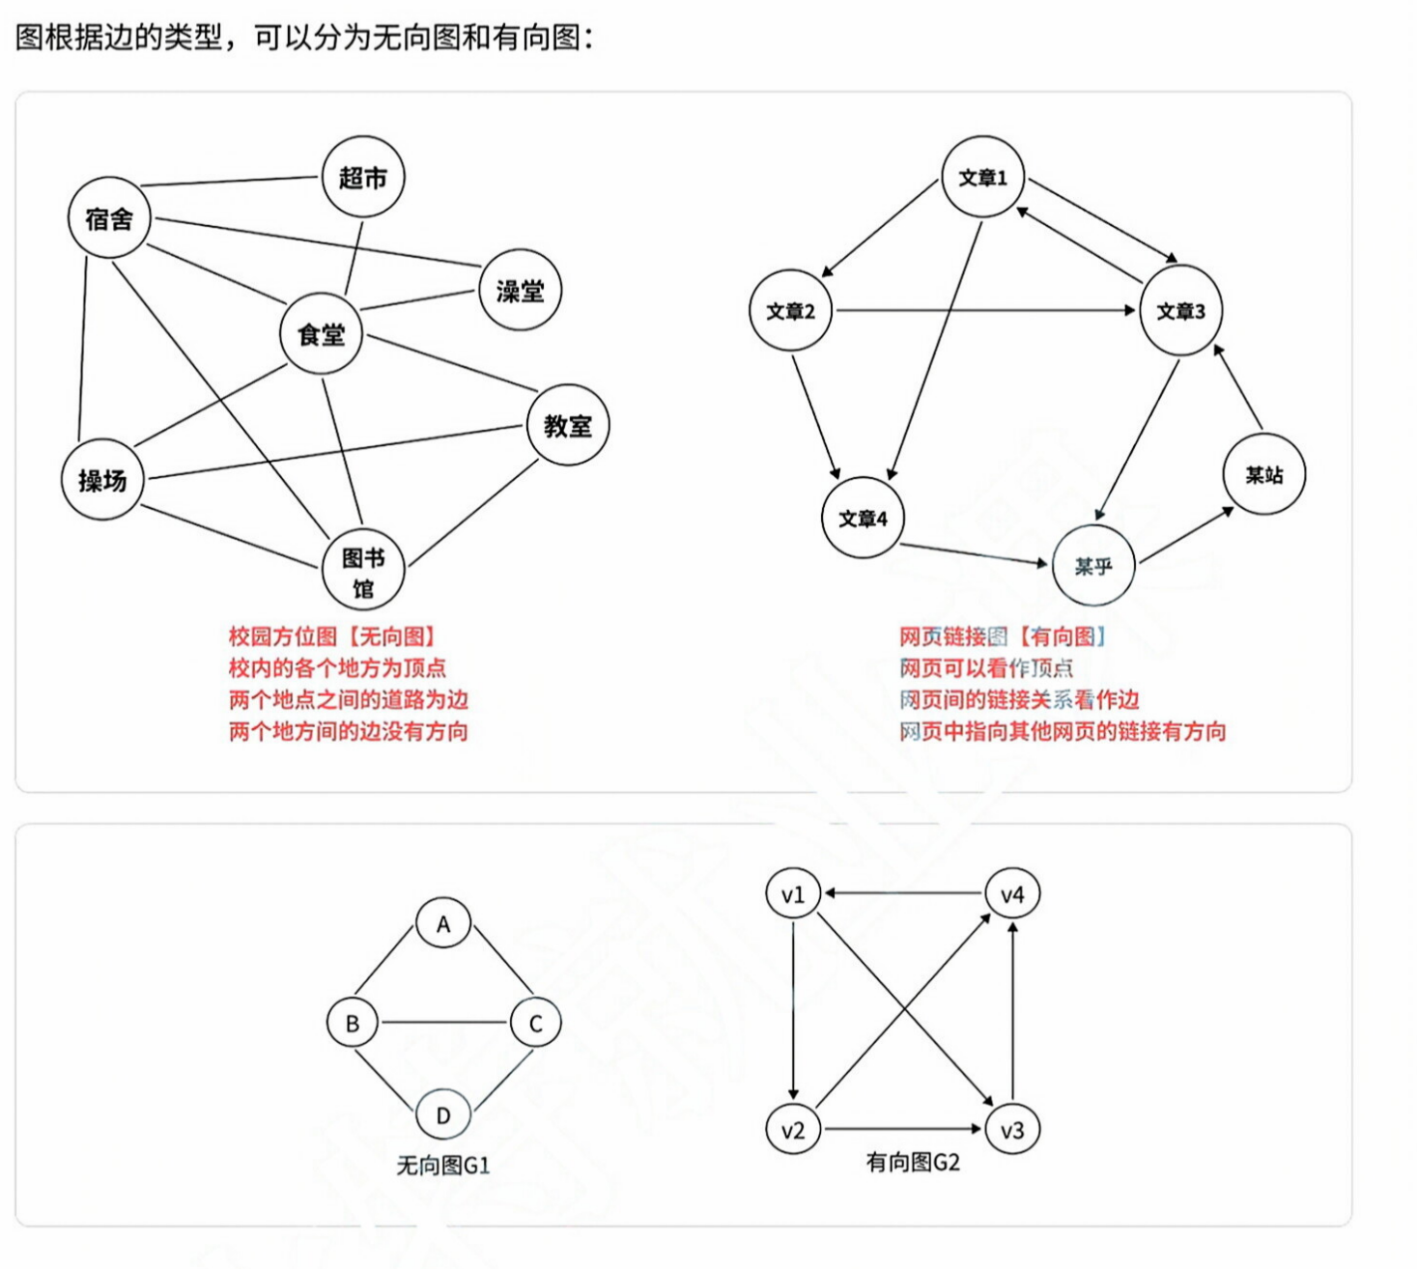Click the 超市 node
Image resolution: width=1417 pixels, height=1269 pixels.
click(362, 177)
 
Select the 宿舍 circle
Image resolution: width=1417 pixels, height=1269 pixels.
click(109, 218)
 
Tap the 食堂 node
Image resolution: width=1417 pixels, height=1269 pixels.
click(321, 334)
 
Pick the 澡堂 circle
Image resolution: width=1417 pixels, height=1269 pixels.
click(520, 290)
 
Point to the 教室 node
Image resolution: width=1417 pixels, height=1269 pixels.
click(568, 425)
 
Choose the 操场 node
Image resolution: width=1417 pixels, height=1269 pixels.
click(102, 480)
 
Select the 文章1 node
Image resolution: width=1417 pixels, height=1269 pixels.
click(982, 177)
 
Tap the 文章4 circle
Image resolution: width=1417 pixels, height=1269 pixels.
click(863, 519)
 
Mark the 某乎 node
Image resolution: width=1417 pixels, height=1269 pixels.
click(1092, 566)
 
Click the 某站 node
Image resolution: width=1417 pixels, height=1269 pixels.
click(1263, 474)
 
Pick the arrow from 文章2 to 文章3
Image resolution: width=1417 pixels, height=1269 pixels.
click(985, 310)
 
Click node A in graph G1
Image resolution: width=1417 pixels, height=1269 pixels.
click(443, 924)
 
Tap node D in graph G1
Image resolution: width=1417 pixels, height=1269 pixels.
click(443, 1115)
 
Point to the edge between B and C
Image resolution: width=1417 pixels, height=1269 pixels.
click(443, 1022)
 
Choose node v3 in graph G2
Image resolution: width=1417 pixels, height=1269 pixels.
click(1012, 1130)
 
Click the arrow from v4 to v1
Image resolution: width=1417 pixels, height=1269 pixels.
click(903, 893)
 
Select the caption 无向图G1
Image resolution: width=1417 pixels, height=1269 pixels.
click(443, 1166)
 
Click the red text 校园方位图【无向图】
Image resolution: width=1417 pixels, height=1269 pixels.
click(332, 636)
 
